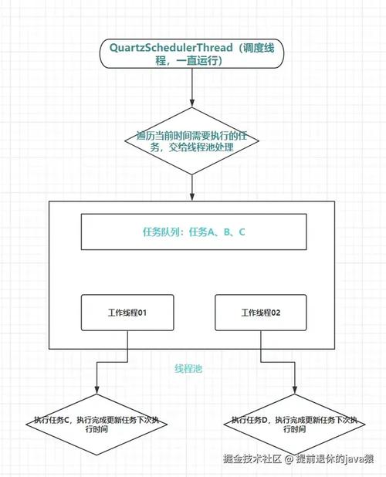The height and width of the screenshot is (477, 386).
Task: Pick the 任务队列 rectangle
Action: (x=193, y=232)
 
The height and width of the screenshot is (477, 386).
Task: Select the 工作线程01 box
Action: (x=127, y=313)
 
